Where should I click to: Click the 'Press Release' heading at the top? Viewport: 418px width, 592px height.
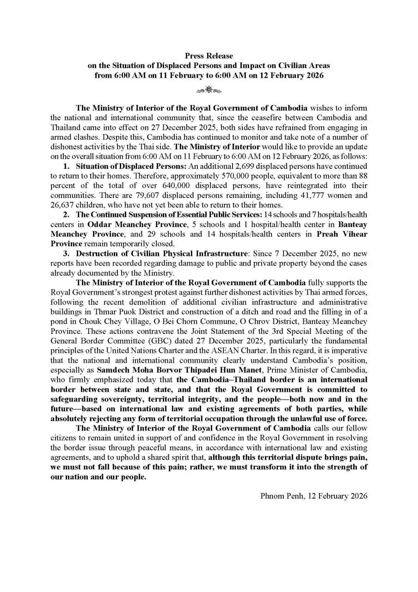(x=209, y=56)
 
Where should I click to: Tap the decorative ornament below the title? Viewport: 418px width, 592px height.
(x=209, y=89)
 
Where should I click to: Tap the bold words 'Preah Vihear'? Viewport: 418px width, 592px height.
(x=342, y=234)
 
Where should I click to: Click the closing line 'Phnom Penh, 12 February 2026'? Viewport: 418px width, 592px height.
(x=314, y=496)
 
